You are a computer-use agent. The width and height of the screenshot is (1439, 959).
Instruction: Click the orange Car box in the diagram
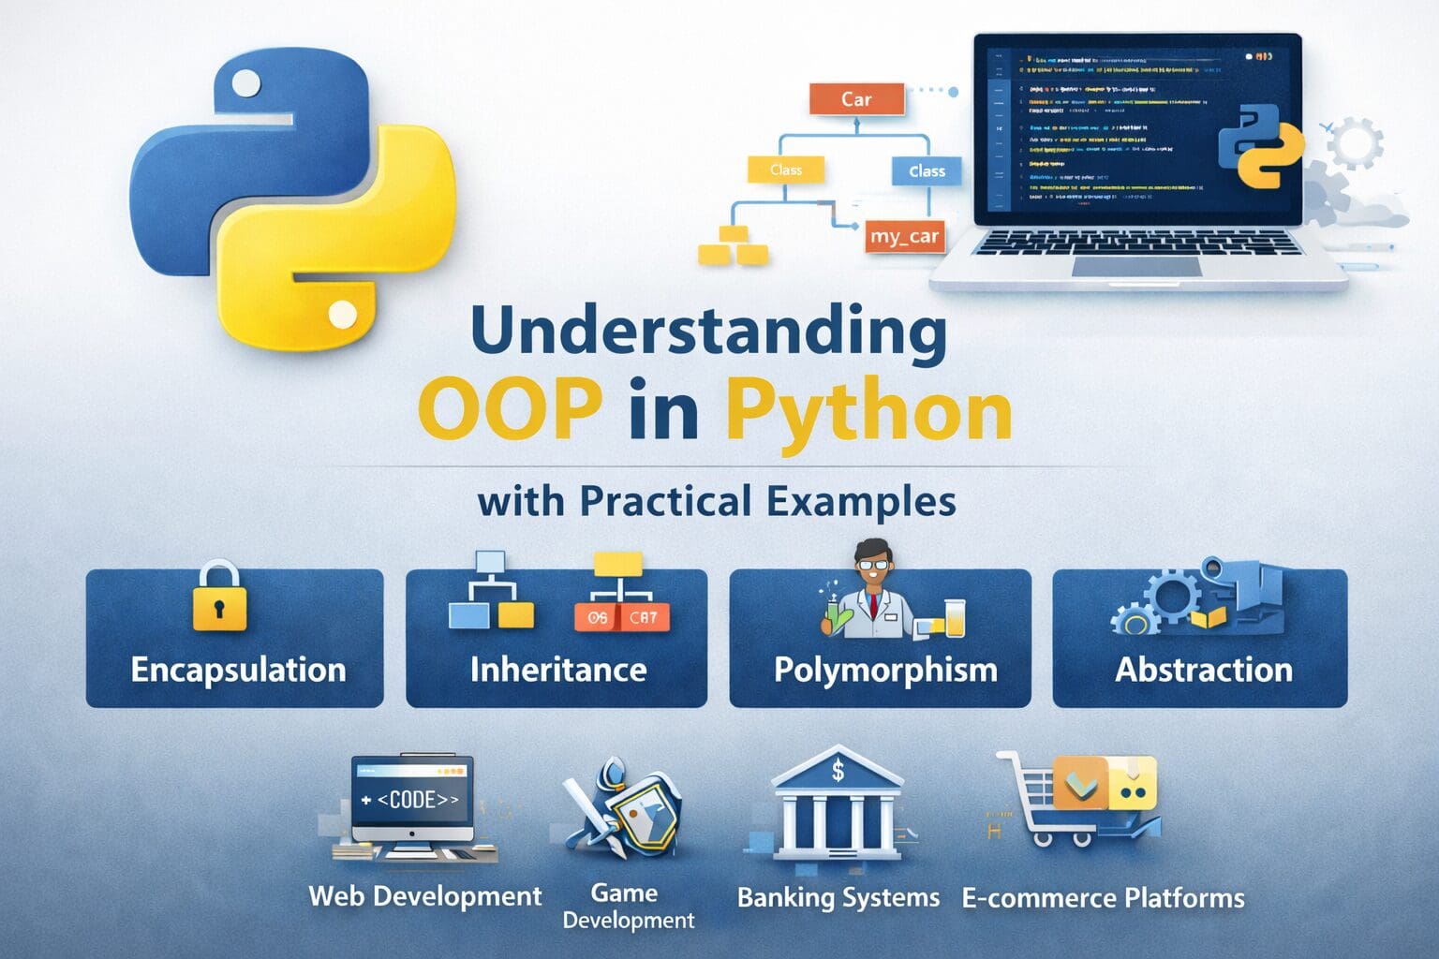(x=856, y=99)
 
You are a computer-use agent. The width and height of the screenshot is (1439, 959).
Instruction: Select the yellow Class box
(x=786, y=170)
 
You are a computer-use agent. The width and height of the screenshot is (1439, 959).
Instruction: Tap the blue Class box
(x=926, y=171)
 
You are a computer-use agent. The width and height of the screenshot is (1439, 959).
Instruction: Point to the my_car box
(x=904, y=237)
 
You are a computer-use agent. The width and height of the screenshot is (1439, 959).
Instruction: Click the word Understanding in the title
(x=708, y=332)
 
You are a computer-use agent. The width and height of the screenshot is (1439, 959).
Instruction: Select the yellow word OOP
(x=510, y=410)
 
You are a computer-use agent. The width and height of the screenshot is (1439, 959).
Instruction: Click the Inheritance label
(x=557, y=670)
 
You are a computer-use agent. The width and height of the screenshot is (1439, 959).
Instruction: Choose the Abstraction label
(x=1203, y=670)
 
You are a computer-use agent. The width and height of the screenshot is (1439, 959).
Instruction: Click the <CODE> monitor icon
(x=412, y=804)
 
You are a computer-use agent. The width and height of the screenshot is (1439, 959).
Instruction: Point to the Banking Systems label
(x=838, y=897)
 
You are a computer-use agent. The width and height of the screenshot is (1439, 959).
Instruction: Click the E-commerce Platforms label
(x=1103, y=898)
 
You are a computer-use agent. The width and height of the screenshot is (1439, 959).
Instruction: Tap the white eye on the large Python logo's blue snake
(x=246, y=84)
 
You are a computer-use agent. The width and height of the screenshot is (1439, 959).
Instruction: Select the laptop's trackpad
(x=1136, y=267)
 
